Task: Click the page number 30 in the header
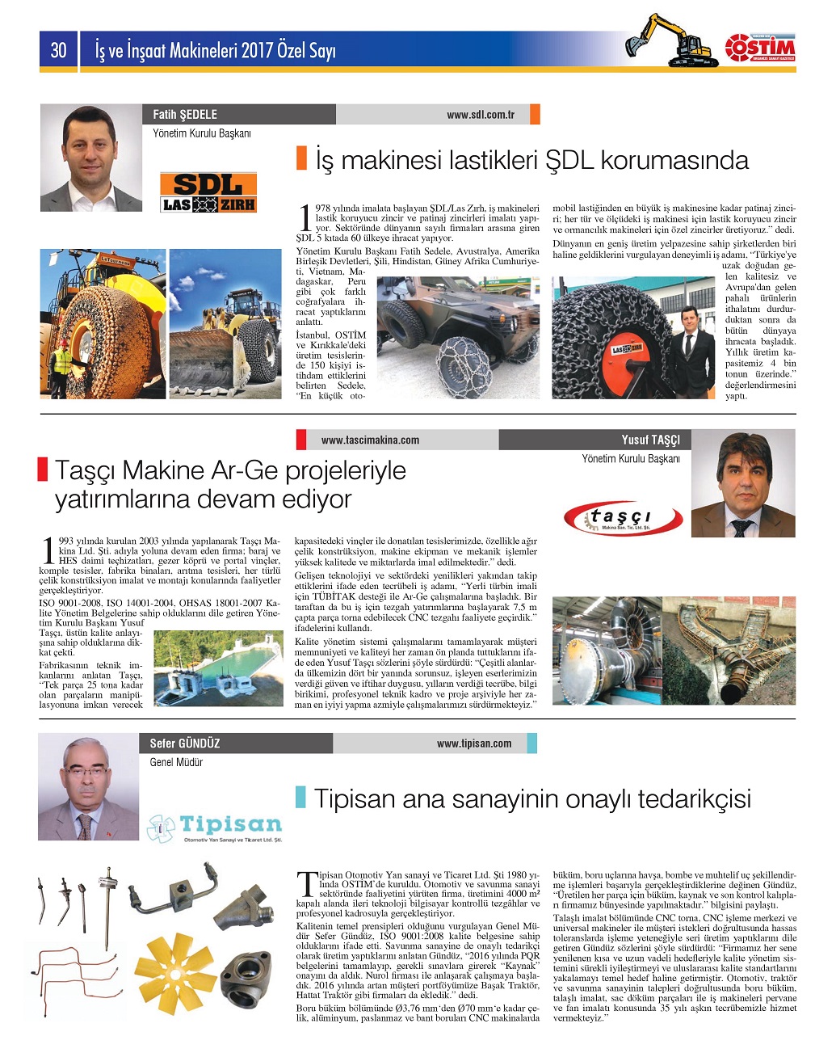(x=58, y=51)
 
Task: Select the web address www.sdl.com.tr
(x=480, y=115)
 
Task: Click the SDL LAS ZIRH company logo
(x=208, y=192)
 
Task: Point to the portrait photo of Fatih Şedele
(x=90, y=158)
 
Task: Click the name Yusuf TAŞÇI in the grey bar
(x=650, y=440)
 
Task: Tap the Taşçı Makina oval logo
(x=618, y=518)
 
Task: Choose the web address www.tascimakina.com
(x=370, y=440)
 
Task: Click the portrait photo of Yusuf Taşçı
(x=743, y=484)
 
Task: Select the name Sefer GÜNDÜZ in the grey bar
(x=185, y=743)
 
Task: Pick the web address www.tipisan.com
(x=473, y=743)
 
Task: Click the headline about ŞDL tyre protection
(x=531, y=160)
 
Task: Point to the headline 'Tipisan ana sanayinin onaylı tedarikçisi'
(x=532, y=798)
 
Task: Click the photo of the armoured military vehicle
(x=458, y=336)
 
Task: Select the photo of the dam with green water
(x=218, y=668)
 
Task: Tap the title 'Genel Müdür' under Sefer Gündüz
(x=176, y=762)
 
